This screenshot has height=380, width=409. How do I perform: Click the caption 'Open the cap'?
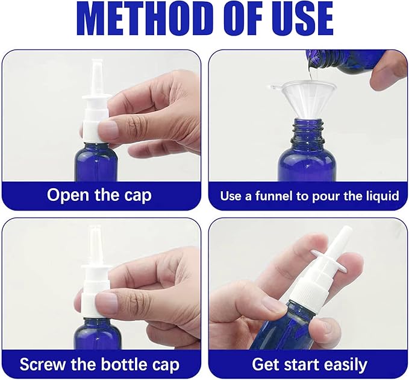[x=99, y=195]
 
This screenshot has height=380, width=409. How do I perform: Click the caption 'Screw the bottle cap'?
[x=99, y=364]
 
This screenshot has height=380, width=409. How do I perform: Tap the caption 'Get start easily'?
[x=309, y=364]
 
